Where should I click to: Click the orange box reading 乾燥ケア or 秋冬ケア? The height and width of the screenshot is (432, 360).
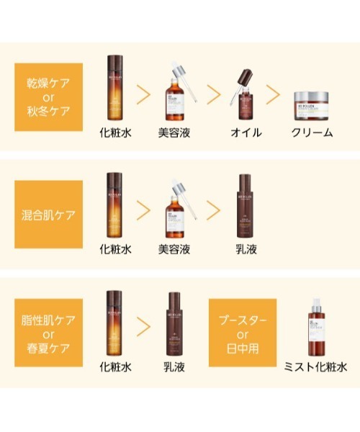tap(48, 96)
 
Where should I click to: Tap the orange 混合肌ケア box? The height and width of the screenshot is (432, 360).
tap(48, 215)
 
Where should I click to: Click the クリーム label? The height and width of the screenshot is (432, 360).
tap(312, 132)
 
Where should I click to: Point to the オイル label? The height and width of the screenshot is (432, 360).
tap(246, 132)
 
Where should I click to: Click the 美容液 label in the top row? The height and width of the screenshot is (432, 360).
tap(175, 132)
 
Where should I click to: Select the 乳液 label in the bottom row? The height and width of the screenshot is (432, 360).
tap(175, 366)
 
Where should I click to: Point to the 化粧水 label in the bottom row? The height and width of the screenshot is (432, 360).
tap(115, 366)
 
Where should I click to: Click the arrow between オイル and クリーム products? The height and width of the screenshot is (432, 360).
tap(274, 94)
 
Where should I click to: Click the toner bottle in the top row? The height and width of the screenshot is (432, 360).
tap(115, 89)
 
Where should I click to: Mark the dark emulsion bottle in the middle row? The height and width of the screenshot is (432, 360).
tap(246, 206)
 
